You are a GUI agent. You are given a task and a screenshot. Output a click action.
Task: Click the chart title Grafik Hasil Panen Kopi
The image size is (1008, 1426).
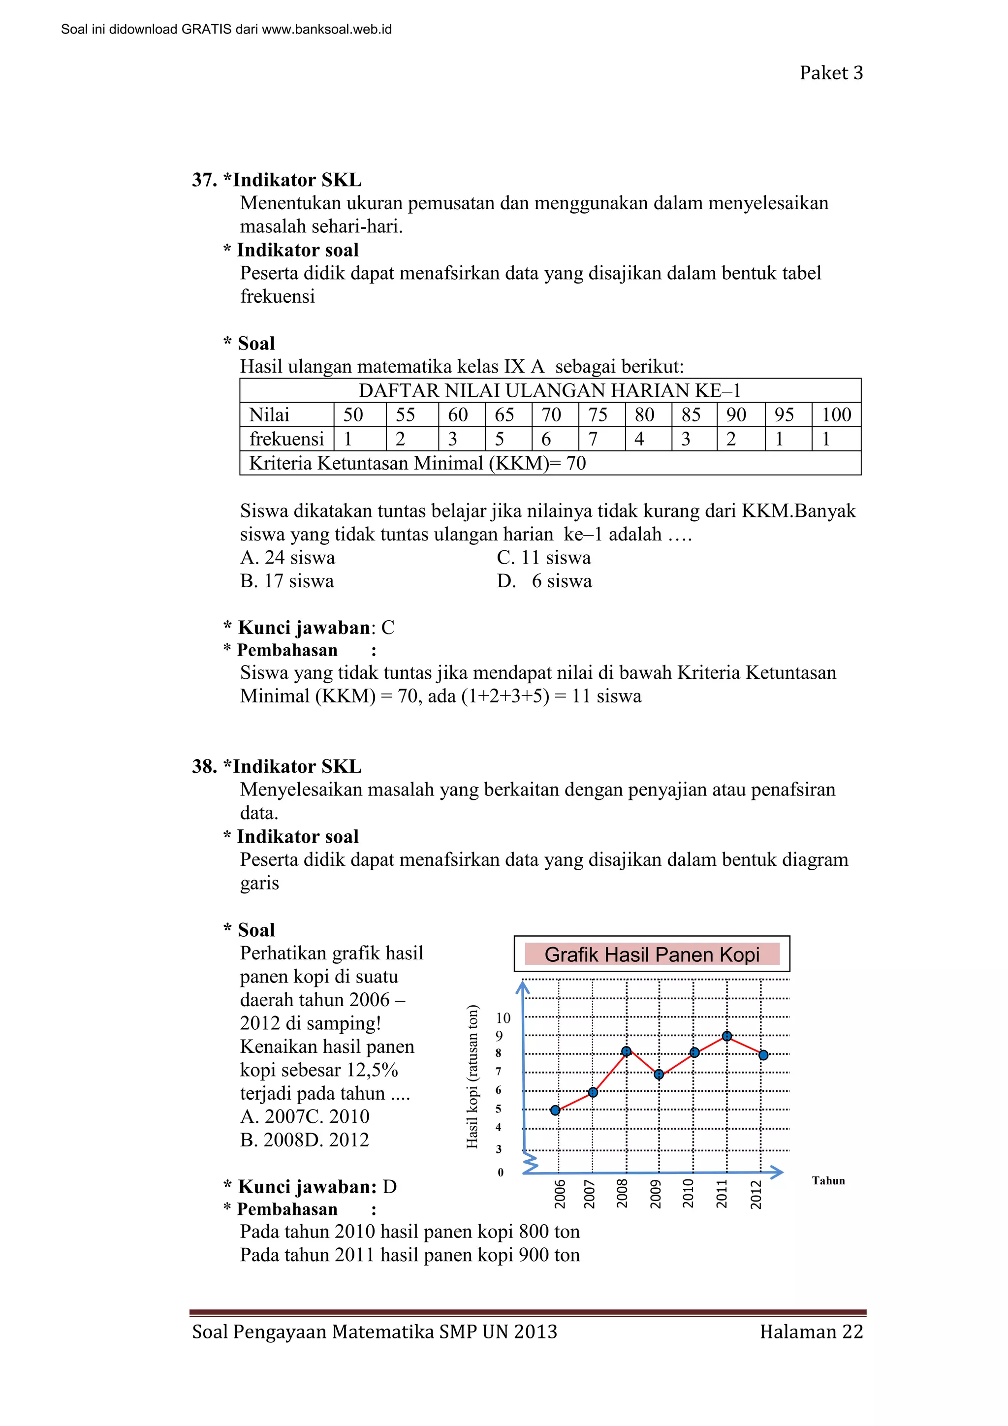pos(652,954)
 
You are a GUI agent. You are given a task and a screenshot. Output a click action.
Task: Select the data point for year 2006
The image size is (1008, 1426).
pos(555,1110)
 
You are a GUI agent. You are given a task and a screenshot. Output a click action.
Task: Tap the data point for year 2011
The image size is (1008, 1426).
pos(726,1036)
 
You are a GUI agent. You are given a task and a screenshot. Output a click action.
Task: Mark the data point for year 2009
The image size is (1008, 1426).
pos(659,1075)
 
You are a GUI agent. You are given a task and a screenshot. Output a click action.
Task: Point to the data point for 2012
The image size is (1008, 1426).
pos(763,1055)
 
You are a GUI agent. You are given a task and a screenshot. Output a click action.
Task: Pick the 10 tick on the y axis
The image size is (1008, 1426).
pos(503,1018)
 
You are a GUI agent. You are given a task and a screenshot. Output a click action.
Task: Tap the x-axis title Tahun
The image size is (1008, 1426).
pos(828,1181)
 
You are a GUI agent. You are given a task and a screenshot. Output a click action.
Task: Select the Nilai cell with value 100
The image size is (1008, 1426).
pos(836,415)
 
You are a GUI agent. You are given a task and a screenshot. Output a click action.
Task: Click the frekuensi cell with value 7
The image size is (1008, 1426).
pos(593,439)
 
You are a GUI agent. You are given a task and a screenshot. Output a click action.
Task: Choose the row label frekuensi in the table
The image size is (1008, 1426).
pos(287,439)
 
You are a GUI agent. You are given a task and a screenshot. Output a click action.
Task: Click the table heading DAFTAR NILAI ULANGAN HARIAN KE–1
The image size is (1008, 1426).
pos(550,391)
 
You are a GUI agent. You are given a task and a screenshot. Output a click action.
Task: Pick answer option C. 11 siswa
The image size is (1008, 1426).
pos(543,558)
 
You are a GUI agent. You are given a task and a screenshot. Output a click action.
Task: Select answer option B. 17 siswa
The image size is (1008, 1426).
pos(287,581)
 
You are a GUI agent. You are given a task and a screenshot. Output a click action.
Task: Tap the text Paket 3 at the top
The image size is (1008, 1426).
pos(831,73)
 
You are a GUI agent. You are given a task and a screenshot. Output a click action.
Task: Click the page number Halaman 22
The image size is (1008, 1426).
pos(811,1331)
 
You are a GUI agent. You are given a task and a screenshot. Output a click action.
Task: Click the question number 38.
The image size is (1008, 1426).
pos(204,766)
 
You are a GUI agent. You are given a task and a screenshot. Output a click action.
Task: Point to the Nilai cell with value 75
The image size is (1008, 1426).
pos(598,415)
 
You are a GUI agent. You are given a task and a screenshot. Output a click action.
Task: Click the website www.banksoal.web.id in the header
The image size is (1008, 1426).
pos(327,29)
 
